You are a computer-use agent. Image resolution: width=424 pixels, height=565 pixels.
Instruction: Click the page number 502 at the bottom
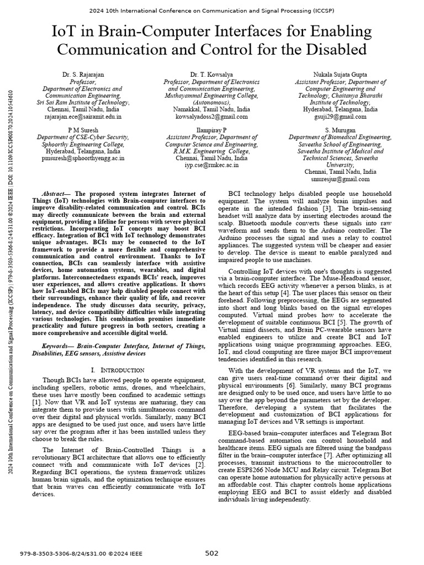point(212,553)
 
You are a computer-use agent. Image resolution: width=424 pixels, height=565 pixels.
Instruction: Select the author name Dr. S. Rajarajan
point(79,74)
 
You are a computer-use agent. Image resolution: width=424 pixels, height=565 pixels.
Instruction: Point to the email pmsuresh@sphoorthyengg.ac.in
point(79,157)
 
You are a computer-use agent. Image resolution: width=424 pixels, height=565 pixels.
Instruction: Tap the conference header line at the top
point(212,9)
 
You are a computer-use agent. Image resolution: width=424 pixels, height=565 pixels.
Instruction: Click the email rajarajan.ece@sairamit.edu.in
point(79,117)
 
